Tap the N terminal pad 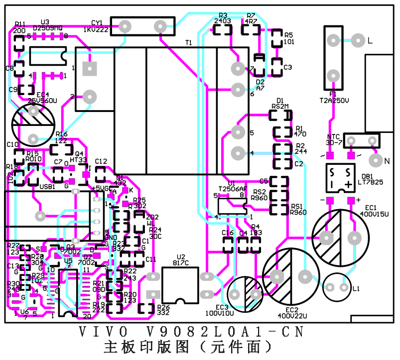(374, 160)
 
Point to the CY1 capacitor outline (142, 26)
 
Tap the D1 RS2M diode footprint (280, 115)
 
